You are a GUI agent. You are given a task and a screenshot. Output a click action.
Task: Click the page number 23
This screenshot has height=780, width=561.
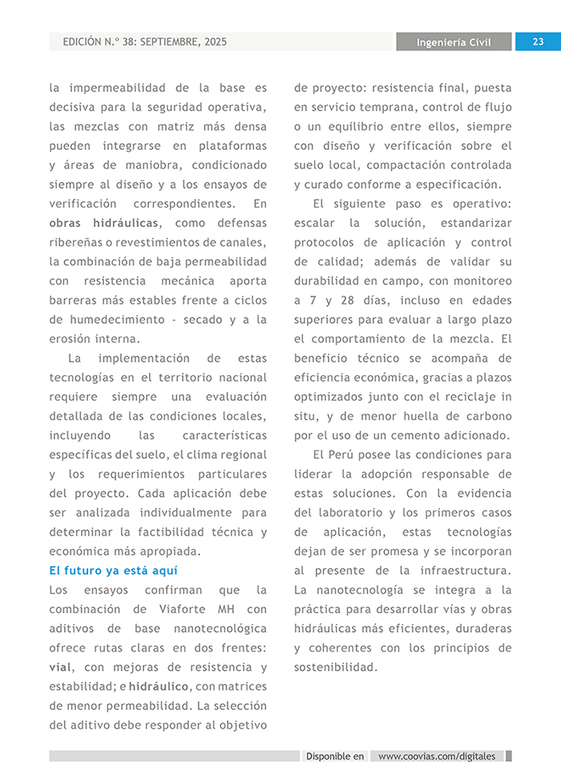click(x=538, y=42)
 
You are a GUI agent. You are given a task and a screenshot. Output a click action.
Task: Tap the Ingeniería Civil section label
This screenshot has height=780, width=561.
click(x=454, y=42)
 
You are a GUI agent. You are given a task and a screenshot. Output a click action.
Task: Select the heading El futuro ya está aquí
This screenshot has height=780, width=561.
click(x=113, y=570)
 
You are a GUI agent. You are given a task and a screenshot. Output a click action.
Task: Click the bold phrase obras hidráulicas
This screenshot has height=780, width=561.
click(x=104, y=223)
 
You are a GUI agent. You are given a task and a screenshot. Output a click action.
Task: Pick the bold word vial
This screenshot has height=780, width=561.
click(x=60, y=667)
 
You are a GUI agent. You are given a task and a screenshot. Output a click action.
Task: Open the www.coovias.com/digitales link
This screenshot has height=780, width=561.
click(x=437, y=756)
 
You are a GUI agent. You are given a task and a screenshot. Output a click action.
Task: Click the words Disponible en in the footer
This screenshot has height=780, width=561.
click(x=335, y=756)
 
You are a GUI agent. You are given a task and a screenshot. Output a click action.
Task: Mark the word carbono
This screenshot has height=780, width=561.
click(x=484, y=416)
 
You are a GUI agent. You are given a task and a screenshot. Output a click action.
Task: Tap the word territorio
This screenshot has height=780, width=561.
click(x=171, y=377)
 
